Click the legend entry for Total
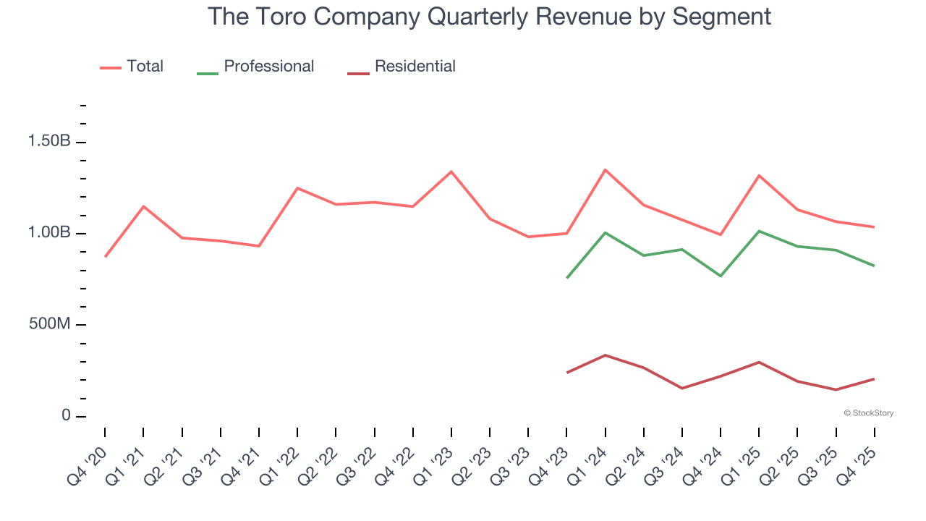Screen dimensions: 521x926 (145, 67)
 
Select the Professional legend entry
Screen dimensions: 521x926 (268, 67)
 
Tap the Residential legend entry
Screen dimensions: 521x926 (415, 67)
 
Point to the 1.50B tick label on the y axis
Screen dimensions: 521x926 (49, 141)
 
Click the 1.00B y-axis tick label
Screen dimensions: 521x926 (49, 233)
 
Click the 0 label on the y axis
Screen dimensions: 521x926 (66, 416)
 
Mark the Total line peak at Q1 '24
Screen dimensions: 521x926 (605, 170)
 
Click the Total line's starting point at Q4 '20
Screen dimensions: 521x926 (105, 257)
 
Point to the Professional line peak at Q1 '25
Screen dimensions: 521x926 (759, 231)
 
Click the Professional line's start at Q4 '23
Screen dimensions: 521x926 (566, 278)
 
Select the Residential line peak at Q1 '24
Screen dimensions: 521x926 (605, 355)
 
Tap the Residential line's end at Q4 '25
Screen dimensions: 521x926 (875, 378)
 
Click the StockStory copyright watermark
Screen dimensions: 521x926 (868, 413)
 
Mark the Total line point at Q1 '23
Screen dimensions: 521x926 (451, 171)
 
